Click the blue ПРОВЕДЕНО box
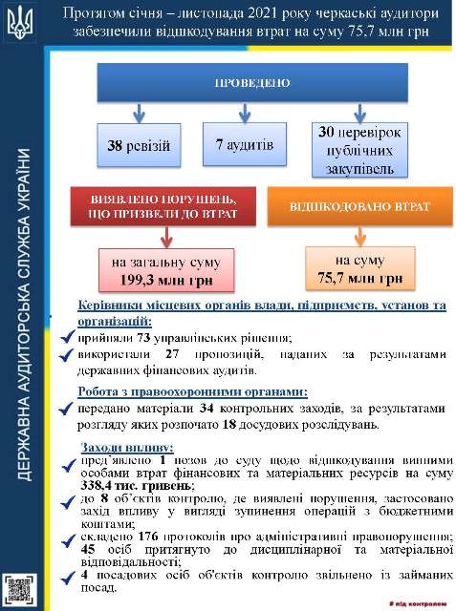251,83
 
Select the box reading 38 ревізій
141,147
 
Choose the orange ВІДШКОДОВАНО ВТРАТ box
360,205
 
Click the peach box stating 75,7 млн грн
360,268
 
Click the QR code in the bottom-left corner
21,587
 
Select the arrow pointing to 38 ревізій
141,113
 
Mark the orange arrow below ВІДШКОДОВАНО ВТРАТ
360,235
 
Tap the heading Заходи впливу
125,447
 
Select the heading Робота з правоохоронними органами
192,391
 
